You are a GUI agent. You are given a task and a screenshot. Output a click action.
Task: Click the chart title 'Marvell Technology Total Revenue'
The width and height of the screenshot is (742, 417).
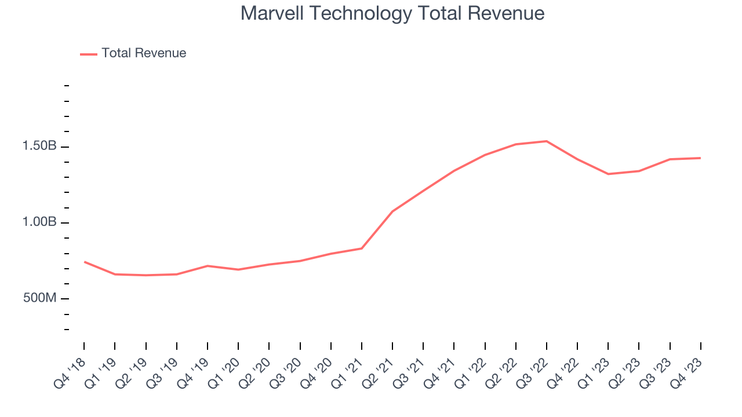392,13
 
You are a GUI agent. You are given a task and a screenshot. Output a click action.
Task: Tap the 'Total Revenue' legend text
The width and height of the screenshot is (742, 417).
144,53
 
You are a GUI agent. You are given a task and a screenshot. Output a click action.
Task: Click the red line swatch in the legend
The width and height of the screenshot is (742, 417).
88,54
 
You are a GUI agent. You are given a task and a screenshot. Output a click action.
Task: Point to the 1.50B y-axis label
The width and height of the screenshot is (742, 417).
39,147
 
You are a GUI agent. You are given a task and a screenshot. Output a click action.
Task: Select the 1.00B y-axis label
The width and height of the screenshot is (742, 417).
39,222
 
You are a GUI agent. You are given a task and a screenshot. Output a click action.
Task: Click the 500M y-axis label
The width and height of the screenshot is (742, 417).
39,298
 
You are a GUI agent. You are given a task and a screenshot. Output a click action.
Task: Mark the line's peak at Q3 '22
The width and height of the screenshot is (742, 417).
547,141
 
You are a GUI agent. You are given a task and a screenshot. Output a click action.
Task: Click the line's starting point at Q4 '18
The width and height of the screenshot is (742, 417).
84,262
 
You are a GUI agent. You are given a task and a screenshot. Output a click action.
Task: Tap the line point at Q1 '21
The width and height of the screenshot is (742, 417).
362,248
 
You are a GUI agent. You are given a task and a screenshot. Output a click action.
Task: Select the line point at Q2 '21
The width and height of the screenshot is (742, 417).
392,211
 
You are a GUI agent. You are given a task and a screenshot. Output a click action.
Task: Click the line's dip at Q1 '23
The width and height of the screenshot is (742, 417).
608,174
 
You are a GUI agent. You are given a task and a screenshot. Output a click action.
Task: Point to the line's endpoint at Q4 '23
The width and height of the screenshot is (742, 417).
700,158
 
